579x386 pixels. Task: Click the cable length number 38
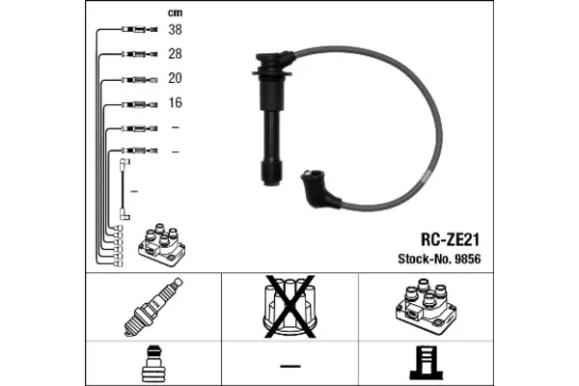[175, 29]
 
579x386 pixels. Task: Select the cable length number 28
[175, 54]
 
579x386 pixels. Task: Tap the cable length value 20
[175, 78]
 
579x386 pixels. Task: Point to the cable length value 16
[176, 102]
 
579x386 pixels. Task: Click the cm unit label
[175, 13]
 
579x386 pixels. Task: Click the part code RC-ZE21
[450, 239]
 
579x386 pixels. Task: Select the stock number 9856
[468, 259]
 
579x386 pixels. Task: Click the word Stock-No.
[425, 259]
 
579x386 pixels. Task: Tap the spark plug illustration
[153, 307]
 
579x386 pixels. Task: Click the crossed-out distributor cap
[289, 306]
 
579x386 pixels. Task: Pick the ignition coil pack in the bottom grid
[426, 307]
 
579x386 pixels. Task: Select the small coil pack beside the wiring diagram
[162, 245]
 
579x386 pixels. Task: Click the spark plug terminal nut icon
[153, 364]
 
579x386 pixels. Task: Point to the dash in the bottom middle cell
[290, 366]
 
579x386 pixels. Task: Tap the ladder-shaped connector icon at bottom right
[427, 363]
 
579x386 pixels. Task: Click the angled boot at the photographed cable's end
[318, 189]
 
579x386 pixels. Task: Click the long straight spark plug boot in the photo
[272, 118]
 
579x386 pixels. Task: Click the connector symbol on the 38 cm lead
[140, 29]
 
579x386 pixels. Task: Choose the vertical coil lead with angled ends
[124, 189]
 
